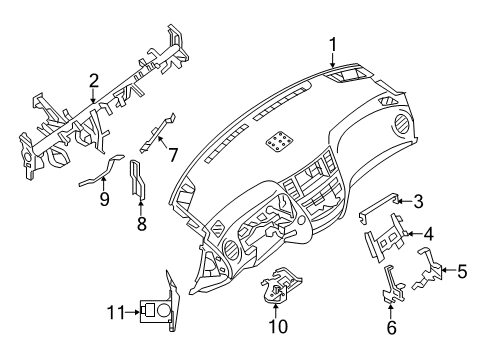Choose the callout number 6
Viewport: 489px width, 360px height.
click(x=391, y=327)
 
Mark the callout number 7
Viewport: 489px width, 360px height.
click(x=172, y=155)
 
